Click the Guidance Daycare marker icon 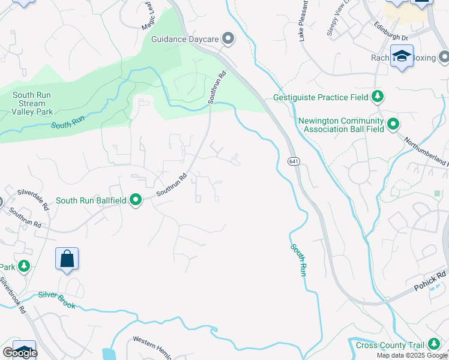228,39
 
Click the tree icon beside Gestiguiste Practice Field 377,96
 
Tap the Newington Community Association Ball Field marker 393,125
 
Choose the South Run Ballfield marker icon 136,200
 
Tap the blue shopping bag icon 67,259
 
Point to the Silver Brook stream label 57,299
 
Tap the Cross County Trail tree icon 433,345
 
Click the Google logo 19,353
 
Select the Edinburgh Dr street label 390,37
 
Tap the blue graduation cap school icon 402,56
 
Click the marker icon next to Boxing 444,57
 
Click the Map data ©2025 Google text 412,355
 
